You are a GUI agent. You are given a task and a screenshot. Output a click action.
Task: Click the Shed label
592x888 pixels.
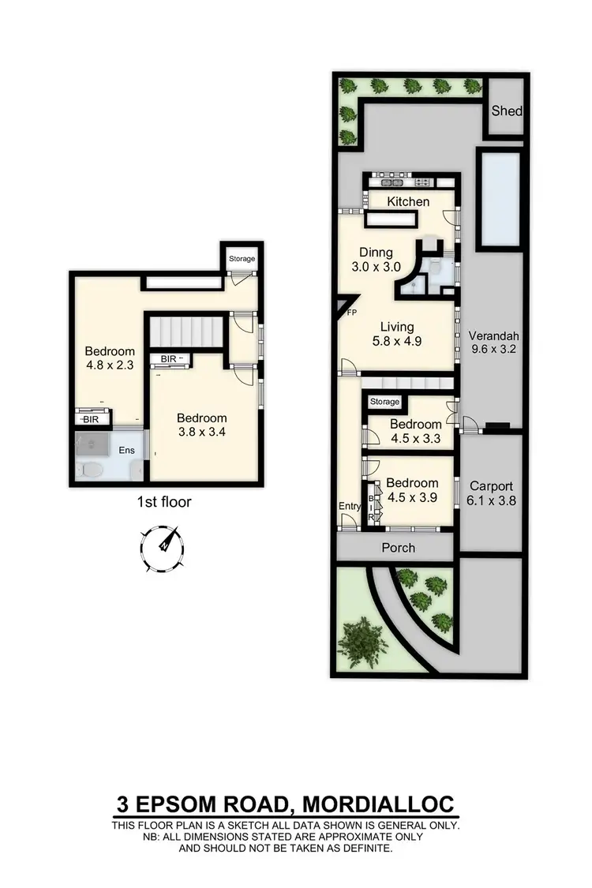point(507,111)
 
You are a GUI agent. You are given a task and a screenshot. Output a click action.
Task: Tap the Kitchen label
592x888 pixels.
point(408,201)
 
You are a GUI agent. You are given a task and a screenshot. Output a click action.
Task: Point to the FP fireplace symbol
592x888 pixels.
point(346,305)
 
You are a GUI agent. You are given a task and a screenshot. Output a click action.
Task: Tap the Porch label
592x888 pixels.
point(398,548)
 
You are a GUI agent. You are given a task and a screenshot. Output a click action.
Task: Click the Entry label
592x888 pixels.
point(350,507)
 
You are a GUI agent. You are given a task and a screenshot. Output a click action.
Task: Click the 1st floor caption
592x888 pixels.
point(164,501)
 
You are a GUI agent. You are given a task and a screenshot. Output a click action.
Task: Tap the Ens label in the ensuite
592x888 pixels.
point(126,451)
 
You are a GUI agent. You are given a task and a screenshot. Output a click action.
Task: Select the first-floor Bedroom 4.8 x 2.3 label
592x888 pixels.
point(109,358)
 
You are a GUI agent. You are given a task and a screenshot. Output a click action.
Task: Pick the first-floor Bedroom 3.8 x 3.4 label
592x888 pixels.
point(201,425)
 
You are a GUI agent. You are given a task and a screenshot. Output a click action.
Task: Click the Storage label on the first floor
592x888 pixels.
point(242,258)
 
